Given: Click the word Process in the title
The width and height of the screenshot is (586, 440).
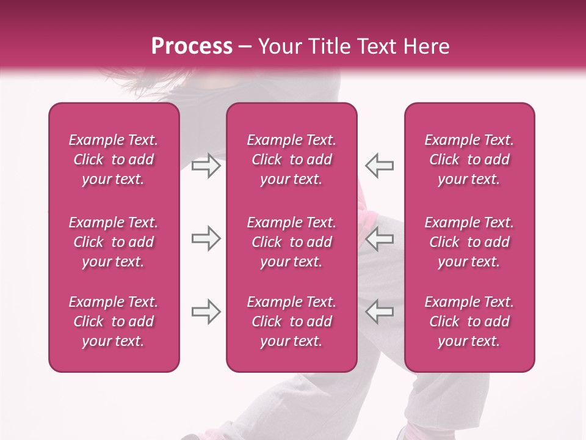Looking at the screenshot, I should [192, 46].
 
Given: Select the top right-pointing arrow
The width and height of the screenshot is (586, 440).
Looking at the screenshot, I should [206, 166].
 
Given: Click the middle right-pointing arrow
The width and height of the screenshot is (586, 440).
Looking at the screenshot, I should [206, 238].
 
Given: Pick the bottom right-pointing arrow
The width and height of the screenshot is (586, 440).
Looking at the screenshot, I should [206, 312].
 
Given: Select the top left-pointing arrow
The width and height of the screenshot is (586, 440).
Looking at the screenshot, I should [379, 166].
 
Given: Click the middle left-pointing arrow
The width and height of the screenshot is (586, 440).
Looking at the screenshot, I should [379, 238].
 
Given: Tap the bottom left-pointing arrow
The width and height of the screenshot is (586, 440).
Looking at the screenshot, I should [379, 312].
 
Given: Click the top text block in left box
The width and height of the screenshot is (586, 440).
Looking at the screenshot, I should [114, 159].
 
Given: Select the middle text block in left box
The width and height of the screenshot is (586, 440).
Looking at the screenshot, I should [114, 242].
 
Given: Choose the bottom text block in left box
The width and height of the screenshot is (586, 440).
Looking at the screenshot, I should [114, 321].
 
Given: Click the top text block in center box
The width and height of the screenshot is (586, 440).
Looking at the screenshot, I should [291, 159].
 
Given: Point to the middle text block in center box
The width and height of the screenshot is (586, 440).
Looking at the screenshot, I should [291, 242].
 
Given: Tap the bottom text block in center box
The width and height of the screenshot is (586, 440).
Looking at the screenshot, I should [291, 321].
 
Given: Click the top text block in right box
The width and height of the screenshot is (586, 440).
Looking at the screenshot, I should [469, 159].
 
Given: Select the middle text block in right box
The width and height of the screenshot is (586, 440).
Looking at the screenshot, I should [469, 242].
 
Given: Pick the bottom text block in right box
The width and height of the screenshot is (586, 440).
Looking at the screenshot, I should [469, 321].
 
